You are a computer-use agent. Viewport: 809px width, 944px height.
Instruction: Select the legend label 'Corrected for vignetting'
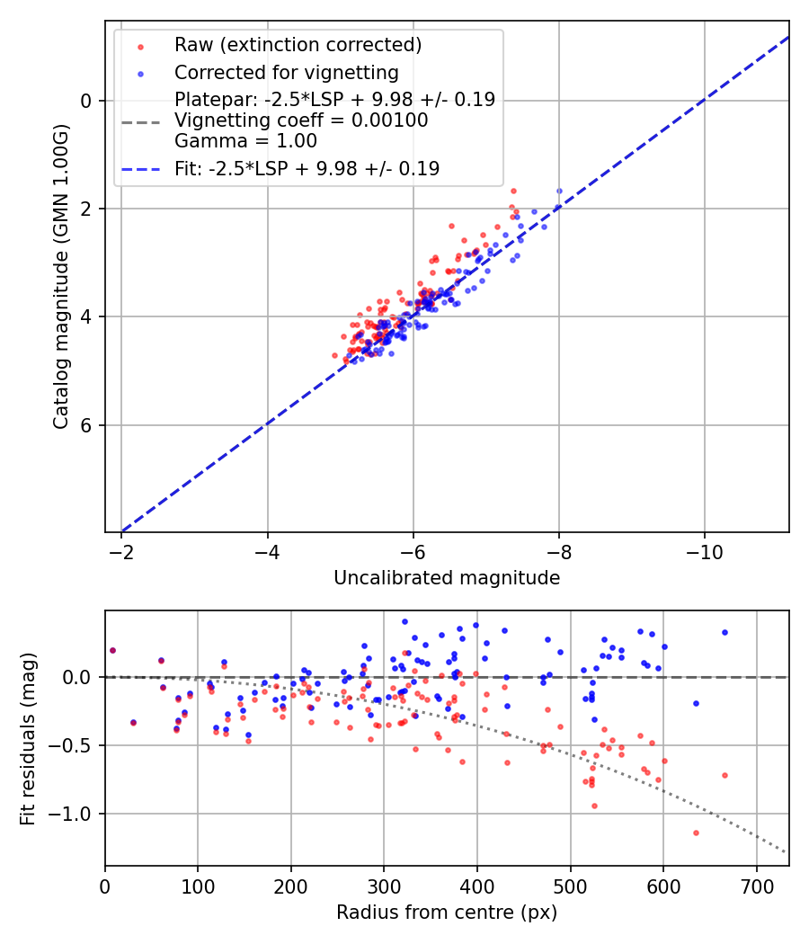tap(286, 72)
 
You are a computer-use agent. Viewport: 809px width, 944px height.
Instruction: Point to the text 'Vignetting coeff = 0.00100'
tap(301, 120)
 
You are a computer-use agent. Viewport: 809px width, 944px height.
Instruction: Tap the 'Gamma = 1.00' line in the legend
tap(245, 141)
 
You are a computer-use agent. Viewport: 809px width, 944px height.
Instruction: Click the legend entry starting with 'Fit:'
tap(307, 169)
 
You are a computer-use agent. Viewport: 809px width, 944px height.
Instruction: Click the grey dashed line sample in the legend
tap(140, 121)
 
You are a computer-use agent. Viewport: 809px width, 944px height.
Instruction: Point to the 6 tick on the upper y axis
tap(87, 425)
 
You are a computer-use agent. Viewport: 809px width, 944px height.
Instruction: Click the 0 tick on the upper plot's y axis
tap(87, 101)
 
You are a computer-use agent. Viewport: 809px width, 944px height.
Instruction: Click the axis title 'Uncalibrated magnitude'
tap(447, 578)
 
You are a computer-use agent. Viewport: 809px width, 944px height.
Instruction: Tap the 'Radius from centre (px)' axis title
tap(447, 913)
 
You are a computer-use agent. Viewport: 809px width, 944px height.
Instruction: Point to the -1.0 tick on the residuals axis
tap(75, 814)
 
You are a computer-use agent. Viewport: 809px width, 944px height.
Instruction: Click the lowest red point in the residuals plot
tap(696, 833)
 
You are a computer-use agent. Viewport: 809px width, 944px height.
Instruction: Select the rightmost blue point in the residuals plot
tap(725, 632)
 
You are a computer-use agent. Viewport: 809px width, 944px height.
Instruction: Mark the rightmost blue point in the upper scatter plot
tap(559, 191)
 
